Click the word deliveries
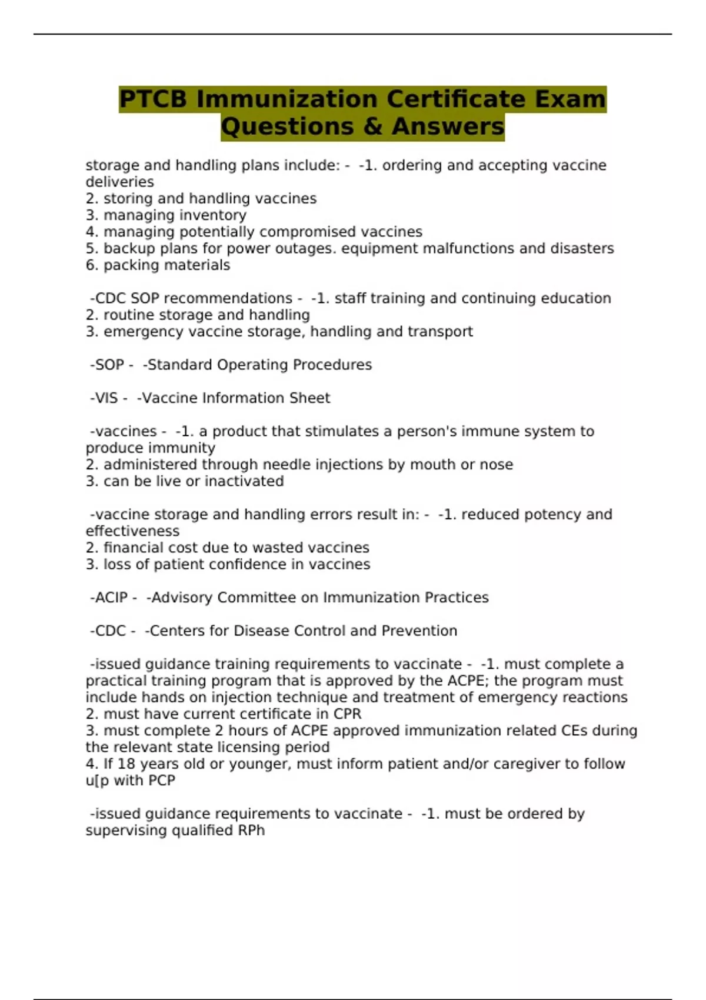119,182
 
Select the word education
576,298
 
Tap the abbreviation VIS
106,398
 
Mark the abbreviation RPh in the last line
251,831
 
